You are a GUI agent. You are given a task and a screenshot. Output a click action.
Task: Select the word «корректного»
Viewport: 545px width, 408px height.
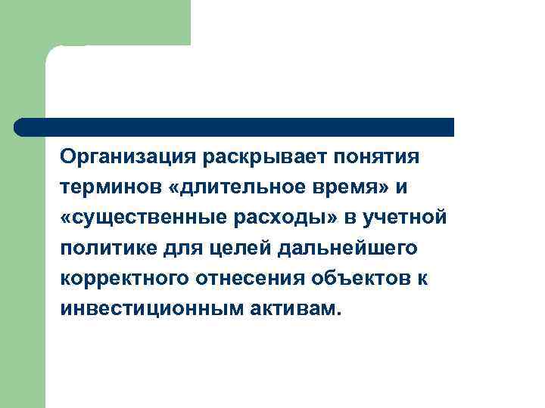(x=123, y=279)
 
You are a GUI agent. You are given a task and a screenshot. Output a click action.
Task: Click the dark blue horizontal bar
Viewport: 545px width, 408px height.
(x=234, y=127)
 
